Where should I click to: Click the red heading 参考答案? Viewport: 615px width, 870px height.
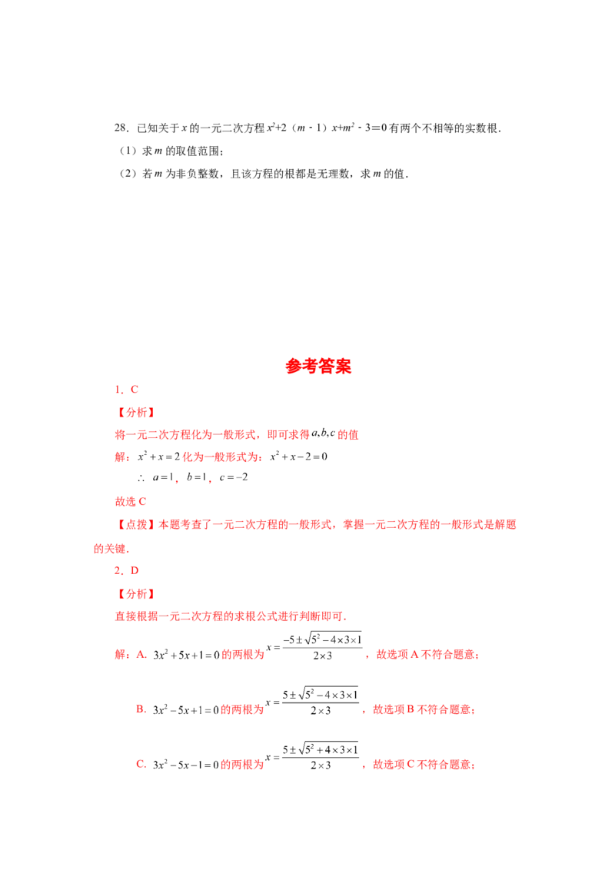(x=318, y=366)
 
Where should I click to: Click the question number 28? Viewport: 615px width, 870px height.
(x=121, y=128)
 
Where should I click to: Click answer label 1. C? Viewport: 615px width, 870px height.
(x=127, y=390)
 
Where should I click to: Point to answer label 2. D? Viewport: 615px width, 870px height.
(x=127, y=570)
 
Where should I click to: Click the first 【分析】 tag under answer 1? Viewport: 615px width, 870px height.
(x=135, y=412)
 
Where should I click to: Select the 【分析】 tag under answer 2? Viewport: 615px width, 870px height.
(x=135, y=593)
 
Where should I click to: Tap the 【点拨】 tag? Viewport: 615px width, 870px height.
(x=135, y=524)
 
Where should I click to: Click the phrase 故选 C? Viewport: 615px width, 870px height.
(x=131, y=502)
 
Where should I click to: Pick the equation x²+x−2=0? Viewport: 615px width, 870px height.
(x=298, y=456)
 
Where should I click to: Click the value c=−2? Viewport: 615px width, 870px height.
(x=234, y=477)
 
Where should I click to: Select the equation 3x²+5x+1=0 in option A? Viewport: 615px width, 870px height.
(x=186, y=655)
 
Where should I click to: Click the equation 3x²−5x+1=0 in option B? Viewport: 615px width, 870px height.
(x=186, y=709)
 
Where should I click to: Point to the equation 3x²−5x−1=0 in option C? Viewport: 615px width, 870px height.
(x=186, y=765)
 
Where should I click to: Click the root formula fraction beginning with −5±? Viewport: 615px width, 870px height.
(x=322, y=647)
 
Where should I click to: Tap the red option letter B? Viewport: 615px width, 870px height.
(x=141, y=709)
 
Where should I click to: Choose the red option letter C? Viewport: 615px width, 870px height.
(x=141, y=764)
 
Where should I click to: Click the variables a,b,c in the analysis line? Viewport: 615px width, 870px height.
(x=323, y=433)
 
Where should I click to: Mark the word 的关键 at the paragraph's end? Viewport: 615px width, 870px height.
(x=109, y=549)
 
